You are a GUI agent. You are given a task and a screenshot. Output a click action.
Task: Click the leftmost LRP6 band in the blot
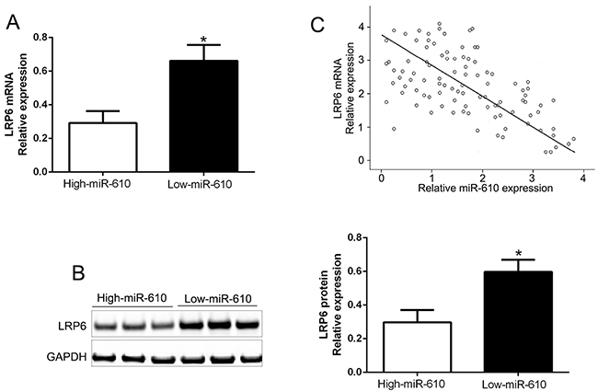click(x=105, y=325)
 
